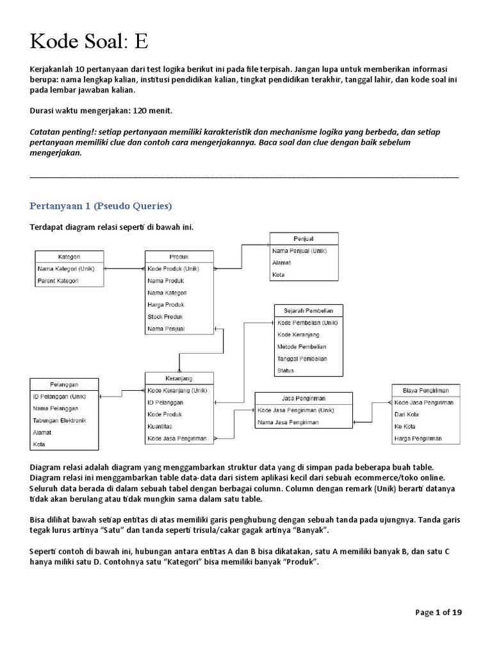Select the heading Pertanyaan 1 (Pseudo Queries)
click(101, 206)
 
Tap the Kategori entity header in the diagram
click(69, 256)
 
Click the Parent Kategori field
click(58, 281)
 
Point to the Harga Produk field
click(166, 304)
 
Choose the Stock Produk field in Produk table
click(165, 316)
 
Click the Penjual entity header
click(303, 238)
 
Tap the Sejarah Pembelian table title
click(308, 310)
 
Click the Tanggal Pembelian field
click(302, 358)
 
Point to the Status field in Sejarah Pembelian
click(286, 370)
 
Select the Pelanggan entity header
click(64, 384)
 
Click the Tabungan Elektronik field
click(60, 420)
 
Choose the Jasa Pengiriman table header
click(303, 398)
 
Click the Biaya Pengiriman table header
click(426, 390)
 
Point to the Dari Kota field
click(407, 414)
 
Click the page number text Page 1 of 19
click(438, 612)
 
